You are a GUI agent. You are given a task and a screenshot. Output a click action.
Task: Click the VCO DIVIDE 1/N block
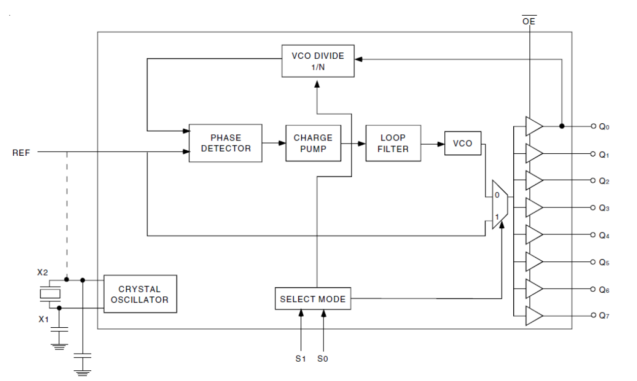(x=318, y=61)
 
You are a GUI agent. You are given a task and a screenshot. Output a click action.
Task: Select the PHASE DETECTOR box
(x=225, y=143)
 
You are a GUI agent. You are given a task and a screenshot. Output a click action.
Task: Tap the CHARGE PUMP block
(x=313, y=143)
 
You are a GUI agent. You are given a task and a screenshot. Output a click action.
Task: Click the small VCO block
(x=463, y=144)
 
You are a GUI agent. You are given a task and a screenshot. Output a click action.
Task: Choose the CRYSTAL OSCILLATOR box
(x=140, y=294)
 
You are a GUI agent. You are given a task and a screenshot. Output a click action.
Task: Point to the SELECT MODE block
(x=312, y=299)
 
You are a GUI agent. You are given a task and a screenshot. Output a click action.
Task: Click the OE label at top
(x=529, y=21)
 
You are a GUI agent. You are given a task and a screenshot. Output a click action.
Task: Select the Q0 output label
(x=604, y=127)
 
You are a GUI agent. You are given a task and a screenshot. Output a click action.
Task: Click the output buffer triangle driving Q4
(x=534, y=235)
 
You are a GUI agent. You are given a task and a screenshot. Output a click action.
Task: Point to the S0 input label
(x=323, y=358)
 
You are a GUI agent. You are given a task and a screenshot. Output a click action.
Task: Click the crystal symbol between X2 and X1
(x=49, y=294)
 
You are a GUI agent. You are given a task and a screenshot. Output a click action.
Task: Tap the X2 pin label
(x=43, y=272)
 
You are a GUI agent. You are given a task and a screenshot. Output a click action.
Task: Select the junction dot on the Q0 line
(x=561, y=126)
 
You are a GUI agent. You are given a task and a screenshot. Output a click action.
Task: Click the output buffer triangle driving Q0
(x=534, y=126)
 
